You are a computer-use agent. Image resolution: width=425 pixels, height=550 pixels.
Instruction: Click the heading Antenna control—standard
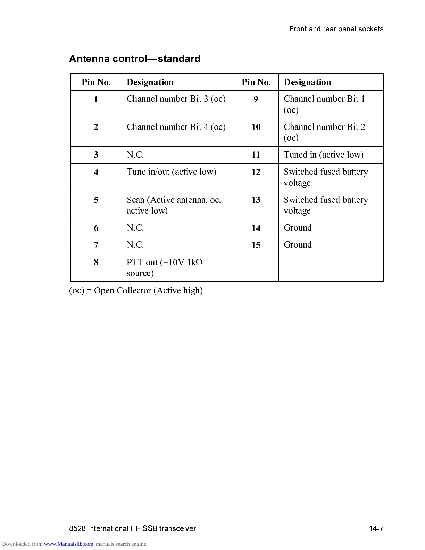point(135,59)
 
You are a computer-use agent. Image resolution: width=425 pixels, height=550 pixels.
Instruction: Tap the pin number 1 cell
point(96,99)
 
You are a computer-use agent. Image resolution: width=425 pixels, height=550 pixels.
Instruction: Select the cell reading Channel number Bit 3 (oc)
point(176,99)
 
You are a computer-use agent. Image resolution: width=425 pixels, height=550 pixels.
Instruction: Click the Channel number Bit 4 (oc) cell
point(176,127)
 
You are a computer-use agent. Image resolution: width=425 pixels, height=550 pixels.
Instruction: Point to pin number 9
point(256,99)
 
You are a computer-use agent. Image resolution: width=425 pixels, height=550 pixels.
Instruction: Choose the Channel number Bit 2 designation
point(324,132)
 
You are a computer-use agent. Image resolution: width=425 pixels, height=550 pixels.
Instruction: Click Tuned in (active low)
point(324,155)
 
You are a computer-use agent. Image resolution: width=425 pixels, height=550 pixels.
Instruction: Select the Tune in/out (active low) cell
point(172,172)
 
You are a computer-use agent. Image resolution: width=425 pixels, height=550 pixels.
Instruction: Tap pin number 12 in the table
point(256,172)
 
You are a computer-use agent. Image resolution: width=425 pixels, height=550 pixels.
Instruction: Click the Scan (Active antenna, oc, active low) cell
point(174,205)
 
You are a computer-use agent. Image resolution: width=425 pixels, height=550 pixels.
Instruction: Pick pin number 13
point(256,200)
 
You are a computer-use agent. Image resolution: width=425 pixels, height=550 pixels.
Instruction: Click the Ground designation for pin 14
point(298,228)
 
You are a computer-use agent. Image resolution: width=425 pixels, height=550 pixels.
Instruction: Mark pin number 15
point(256,245)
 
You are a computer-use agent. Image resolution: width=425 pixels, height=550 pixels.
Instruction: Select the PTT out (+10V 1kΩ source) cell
point(165,267)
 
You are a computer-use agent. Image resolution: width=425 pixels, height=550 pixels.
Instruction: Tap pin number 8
point(96,262)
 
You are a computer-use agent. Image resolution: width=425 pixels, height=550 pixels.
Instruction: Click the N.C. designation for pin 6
point(135,228)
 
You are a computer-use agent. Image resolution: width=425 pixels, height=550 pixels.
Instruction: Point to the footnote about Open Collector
point(136,290)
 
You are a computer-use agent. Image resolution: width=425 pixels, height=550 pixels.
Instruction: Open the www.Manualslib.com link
point(68,544)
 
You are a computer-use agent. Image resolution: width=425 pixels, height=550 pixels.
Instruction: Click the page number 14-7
point(376,528)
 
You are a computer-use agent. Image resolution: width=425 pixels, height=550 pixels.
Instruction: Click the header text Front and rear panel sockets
point(336,29)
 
